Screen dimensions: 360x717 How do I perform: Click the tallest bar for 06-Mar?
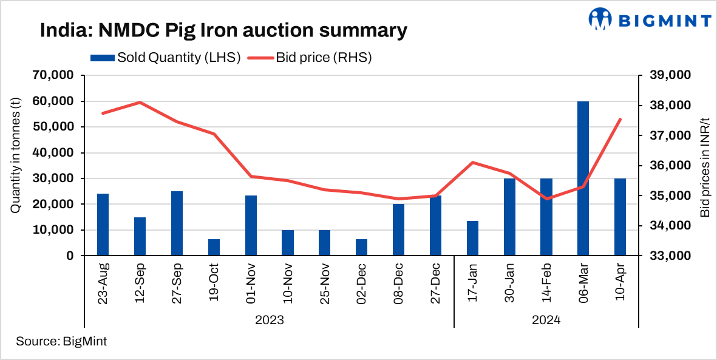point(583,179)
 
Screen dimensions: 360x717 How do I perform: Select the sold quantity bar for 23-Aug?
point(103,225)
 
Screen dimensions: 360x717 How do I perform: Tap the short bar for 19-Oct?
point(214,248)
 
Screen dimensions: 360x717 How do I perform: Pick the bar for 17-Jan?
point(472,239)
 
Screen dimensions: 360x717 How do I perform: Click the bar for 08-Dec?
point(398,230)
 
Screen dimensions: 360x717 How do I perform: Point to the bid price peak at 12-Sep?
point(140,102)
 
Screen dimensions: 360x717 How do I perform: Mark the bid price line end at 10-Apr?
point(620,119)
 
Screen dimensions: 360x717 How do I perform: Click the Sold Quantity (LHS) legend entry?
point(165,58)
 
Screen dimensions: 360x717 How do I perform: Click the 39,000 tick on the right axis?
point(670,75)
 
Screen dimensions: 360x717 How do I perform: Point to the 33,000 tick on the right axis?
point(670,256)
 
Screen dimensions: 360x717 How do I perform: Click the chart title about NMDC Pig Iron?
point(223,30)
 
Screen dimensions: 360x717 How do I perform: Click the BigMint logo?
point(650,19)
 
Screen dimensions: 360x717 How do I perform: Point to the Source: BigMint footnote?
point(61,341)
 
